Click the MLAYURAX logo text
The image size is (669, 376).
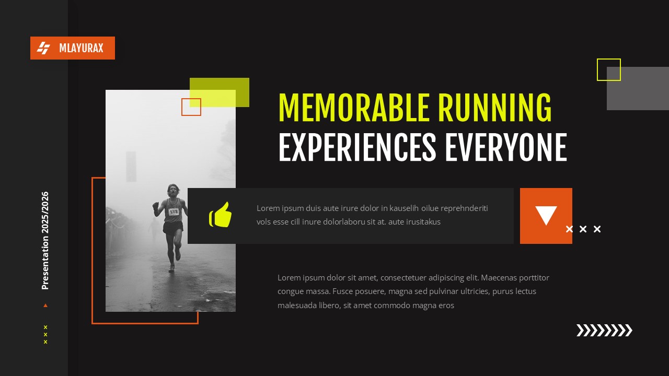(81, 49)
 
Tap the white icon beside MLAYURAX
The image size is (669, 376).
(43, 48)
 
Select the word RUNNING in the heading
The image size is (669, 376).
(494, 109)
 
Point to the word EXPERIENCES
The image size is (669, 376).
(357, 148)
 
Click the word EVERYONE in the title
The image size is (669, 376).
(505, 148)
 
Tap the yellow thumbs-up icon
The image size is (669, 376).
(220, 215)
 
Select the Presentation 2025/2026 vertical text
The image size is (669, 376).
(45, 240)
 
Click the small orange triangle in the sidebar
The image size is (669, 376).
(45, 305)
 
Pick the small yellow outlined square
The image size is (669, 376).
(608, 69)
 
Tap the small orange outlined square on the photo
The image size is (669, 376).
(191, 107)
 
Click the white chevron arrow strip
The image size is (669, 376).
(604, 330)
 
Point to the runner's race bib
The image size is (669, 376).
(174, 211)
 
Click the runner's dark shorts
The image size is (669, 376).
(173, 227)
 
